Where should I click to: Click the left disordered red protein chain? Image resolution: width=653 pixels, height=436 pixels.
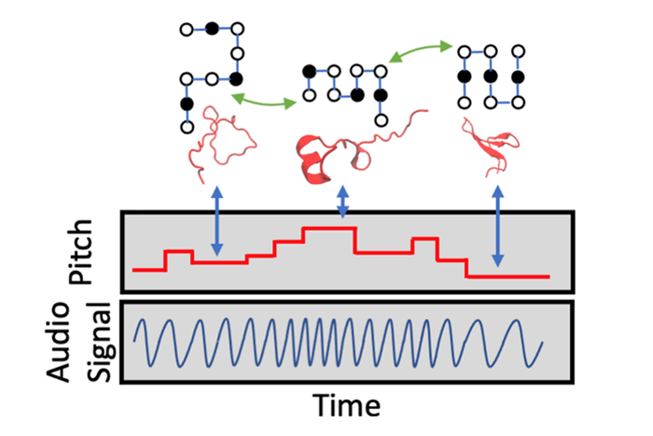216,140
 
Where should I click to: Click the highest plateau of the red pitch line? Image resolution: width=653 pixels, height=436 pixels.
326,228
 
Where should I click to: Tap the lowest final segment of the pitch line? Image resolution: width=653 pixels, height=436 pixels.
508,276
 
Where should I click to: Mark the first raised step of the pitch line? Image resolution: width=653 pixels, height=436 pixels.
178,251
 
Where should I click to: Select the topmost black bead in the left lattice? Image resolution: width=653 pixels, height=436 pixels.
214,29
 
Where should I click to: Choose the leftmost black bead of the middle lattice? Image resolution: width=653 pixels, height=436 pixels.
307,72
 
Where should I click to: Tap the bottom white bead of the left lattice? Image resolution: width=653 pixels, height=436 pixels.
188,125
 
